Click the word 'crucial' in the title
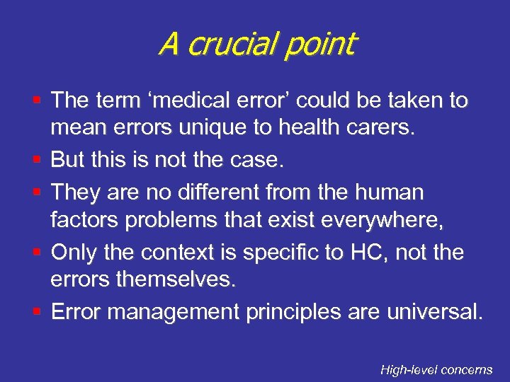click(230, 44)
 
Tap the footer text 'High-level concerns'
click(436, 369)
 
